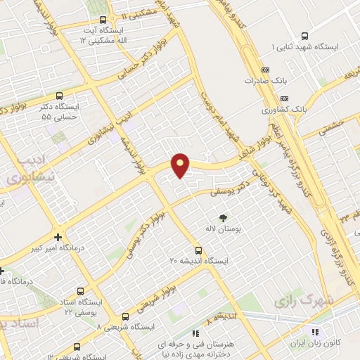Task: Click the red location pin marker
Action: pos(181,165)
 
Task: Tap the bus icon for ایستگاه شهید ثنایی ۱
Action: pos(304,36)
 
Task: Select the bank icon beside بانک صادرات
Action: pos(265,70)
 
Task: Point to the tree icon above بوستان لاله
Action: pos(224,217)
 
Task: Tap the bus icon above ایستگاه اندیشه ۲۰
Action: pos(198,250)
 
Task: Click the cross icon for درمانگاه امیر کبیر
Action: pos(58,237)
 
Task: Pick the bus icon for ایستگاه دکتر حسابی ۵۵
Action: pos(58,96)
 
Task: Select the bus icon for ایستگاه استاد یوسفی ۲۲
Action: pos(79,291)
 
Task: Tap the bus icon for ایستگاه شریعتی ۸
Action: pos(126,316)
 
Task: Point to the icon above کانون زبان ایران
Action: pos(314,332)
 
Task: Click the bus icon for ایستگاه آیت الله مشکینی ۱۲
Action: pos(103,20)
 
